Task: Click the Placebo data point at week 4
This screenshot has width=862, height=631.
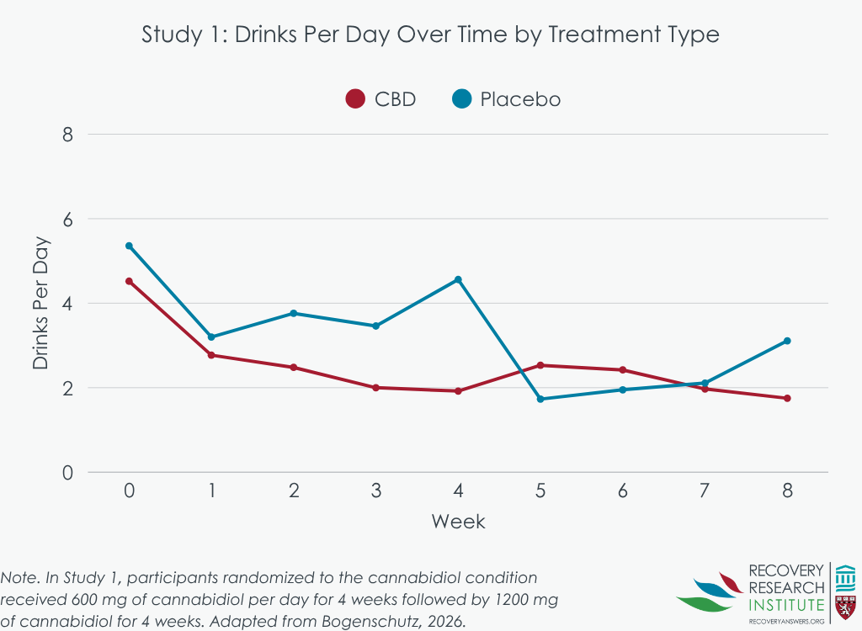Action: coord(458,279)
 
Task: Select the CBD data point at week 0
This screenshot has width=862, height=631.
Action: coord(129,281)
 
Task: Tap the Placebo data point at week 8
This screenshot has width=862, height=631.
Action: coord(787,341)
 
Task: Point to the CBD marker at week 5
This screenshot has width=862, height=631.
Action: coord(540,365)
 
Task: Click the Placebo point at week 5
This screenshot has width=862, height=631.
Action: coord(540,399)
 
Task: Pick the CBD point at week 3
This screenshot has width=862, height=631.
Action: coord(375,388)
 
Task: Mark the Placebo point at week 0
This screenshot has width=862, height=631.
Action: coord(129,246)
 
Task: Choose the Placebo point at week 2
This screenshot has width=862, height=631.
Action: coord(294,313)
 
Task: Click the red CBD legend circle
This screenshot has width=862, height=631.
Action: coord(355,99)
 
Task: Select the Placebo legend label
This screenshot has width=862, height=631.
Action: coord(520,99)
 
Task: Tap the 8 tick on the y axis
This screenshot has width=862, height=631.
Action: coord(68,135)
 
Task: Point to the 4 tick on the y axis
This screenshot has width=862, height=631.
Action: coord(68,304)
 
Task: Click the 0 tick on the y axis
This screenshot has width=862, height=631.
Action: coord(68,473)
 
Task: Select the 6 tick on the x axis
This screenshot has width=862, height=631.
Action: coord(623,490)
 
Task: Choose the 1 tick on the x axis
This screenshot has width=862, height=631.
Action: coord(211,490)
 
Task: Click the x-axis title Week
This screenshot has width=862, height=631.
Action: coord(458,522)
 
